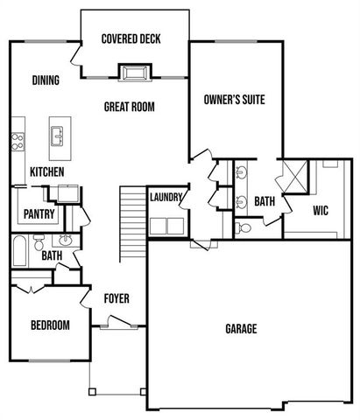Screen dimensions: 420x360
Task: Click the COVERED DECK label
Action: [x=131, y=39]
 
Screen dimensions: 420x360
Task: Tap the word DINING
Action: [x=46, y=81]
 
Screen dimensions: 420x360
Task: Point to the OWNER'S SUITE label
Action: [x=234, y=99]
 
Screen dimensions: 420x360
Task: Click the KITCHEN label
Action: [x=46, y=172]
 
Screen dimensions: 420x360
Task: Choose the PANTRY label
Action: [x=39, y=213]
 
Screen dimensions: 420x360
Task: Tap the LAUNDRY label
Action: [x=166, y=198]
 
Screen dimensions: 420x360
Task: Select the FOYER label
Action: [x=116, y=299]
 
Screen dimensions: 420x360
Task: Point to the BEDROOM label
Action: [x=50, y=325]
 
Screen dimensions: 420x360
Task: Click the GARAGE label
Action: [x=241, y=329]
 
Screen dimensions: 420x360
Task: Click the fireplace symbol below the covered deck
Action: [x=134, y=72]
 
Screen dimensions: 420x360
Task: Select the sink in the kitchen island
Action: [x=59, y=136]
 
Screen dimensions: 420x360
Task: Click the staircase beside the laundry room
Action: [x=131, y=223]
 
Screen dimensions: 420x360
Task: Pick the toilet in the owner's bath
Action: [x=245, y=227]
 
